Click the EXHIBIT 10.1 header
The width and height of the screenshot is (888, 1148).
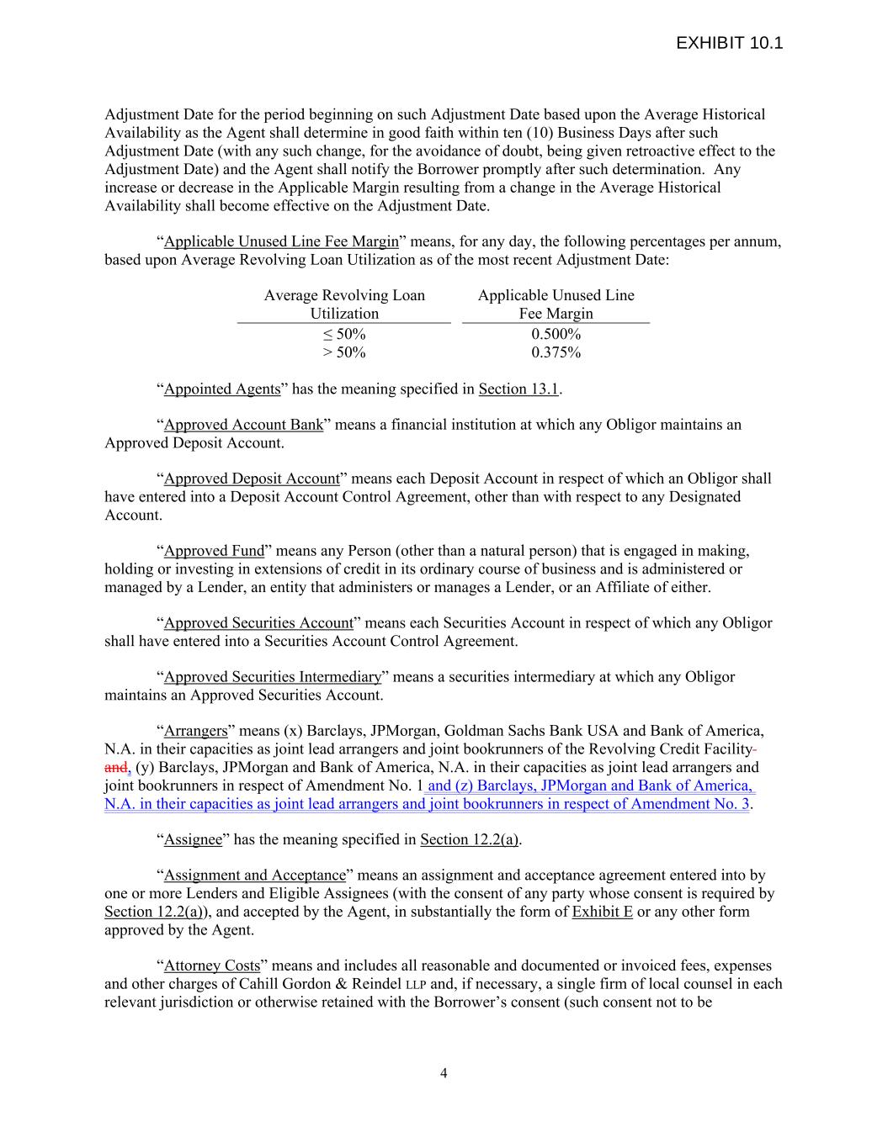[729, 43]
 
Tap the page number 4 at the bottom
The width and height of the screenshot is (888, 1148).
[444, 1072]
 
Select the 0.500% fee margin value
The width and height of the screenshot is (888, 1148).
[556, 334]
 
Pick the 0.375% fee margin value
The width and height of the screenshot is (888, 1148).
[556, 352]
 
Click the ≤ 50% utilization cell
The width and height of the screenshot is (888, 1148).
[344, 334]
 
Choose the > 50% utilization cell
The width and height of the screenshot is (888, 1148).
[344, 352]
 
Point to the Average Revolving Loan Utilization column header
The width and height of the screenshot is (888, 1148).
[344, 304]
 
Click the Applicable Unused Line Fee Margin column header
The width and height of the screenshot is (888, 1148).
[556, 304]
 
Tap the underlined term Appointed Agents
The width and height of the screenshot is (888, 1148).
[222, 389]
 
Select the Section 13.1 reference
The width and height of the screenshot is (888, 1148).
[518, 389]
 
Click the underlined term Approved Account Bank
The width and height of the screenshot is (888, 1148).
[243, 425]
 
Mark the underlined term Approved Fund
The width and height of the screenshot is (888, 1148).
[214, 551]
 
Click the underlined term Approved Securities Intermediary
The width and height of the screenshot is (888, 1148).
[272, 677]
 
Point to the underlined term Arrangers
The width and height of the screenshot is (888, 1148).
[195, 731]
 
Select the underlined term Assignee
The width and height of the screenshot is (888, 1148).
[193, 839]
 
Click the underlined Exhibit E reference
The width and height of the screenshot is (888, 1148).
[602, 912]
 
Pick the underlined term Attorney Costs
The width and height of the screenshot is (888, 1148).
[212, 965]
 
